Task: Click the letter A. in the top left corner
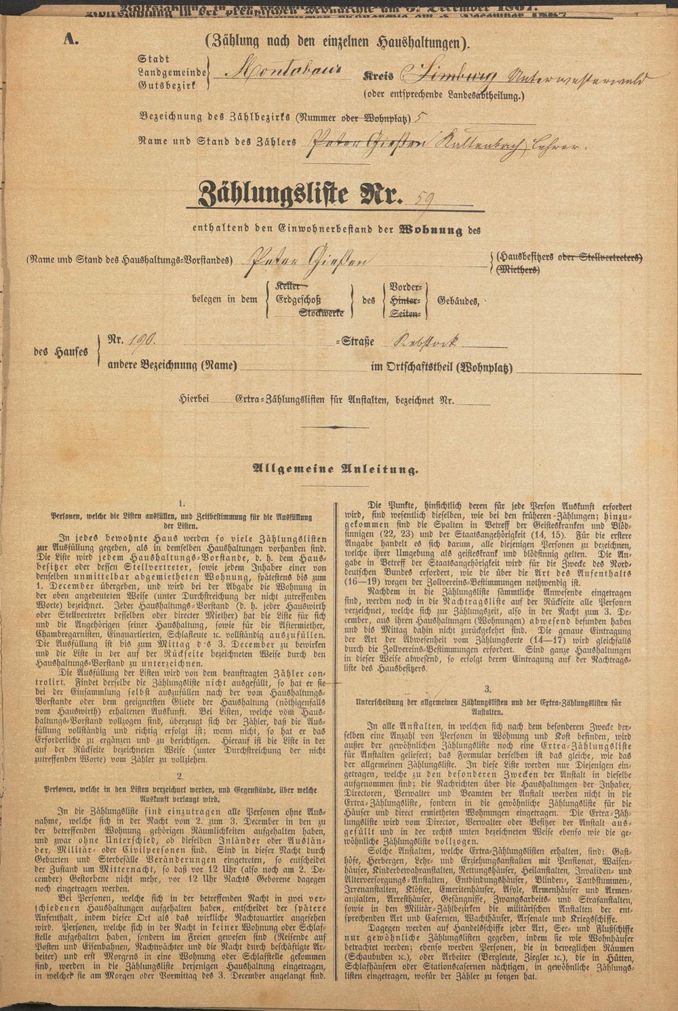coord(71,40)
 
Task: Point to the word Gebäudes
coord(460,300)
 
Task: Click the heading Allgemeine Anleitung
coord(335,468)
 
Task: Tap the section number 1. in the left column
coord(180,504)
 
